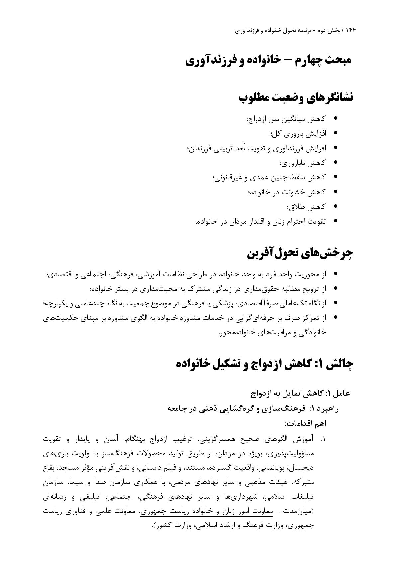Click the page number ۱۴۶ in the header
pyautogui.click(x=350, y=30)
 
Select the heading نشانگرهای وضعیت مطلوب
pyautogui.click(x=296, y=98)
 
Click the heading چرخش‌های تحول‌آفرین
pyautogui.click(x=300, y=253)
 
